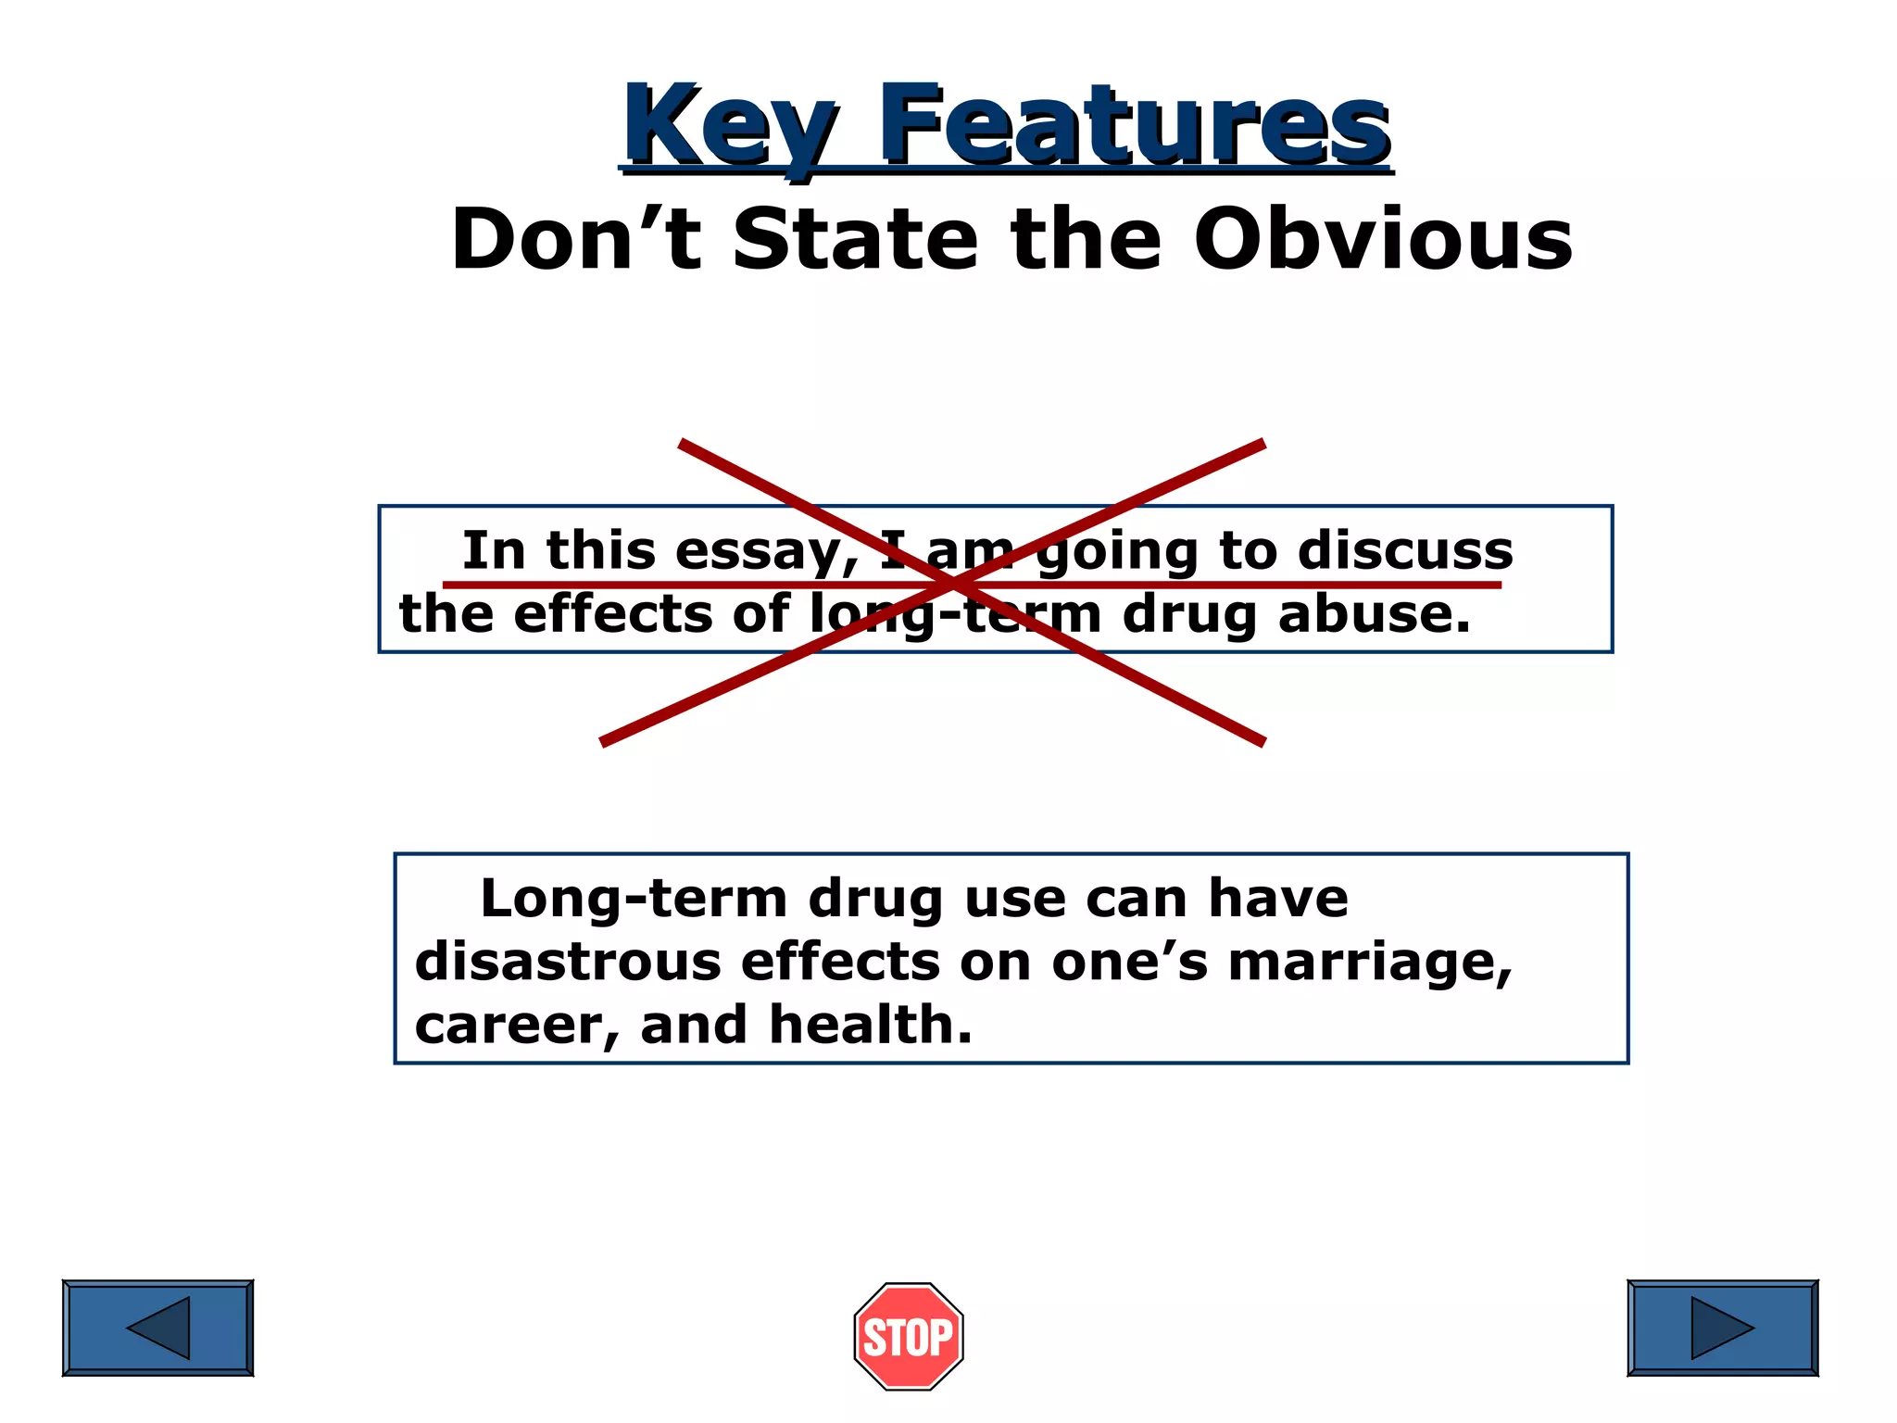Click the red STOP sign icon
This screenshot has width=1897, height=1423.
point(908,1336)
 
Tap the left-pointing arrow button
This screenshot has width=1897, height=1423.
point(157,1328)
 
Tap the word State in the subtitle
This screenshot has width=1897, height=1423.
point(854,240)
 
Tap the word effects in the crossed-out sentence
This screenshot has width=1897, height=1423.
point(612,614)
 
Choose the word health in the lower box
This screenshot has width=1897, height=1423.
point(870,1025)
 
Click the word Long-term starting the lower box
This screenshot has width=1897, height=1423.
point(634,899)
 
